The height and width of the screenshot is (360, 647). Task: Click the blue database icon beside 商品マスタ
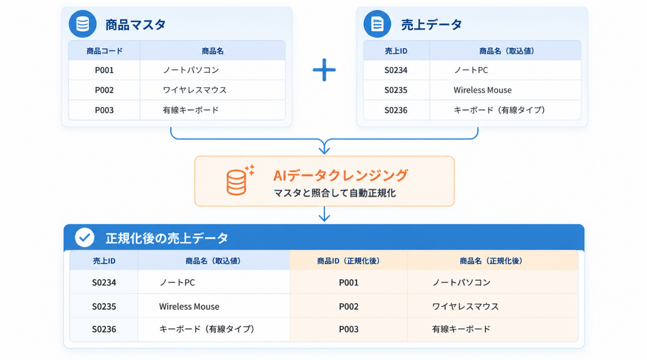tap(83, 24)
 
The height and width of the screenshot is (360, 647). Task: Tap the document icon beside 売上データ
tap(377, 24)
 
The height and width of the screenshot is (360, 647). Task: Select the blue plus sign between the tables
tap(324, 70)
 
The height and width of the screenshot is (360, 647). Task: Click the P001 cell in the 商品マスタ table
tap(104, 70)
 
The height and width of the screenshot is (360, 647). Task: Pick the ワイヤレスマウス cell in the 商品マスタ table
tap(212, 90)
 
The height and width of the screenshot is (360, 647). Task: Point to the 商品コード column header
tap(104, 51)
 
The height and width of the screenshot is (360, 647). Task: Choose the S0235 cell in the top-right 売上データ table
tap(396, 90)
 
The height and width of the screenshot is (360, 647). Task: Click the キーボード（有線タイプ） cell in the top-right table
tap(505, 110)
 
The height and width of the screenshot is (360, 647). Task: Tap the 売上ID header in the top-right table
tap(396, 51)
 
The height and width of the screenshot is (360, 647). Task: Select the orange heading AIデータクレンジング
tap(341, 175)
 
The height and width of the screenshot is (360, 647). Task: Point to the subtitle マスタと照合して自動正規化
tap(335, 193)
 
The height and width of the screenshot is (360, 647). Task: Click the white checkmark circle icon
tap(85, 237)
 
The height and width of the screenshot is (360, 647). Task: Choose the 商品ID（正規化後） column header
tap(348, 261)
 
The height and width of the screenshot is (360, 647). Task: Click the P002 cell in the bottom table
tap(349, 306)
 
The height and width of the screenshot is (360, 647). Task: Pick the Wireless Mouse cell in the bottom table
tap(214, 306)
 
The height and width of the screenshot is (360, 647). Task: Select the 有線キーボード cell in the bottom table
tap(493, 329)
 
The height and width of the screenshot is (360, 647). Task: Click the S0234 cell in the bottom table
tap(104, 282)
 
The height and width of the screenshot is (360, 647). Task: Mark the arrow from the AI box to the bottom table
tap(324, 214)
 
